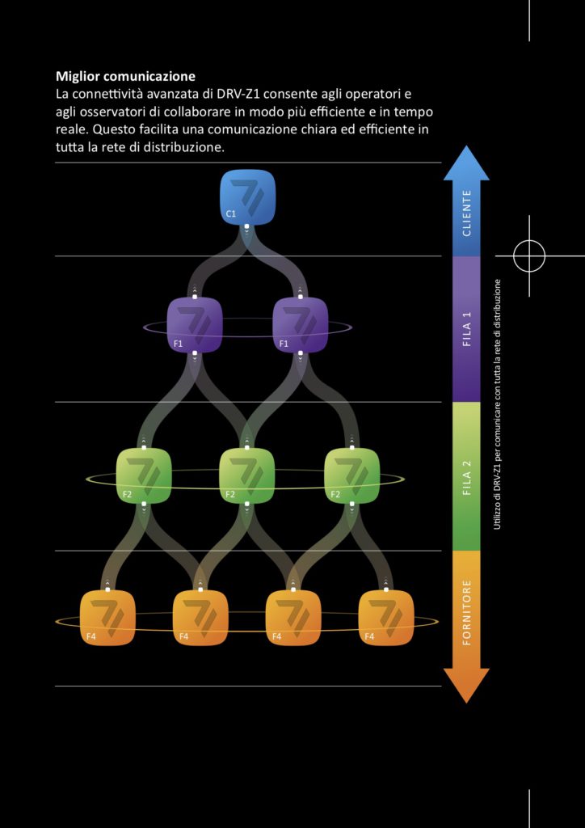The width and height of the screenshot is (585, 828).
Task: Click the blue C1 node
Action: [x=248, y=196]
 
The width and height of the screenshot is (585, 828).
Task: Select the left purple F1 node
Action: [x=195, y=324]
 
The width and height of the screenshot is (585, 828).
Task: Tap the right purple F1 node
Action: [x=301, y=324]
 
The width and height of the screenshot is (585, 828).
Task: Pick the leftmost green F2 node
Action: [x=145, y=474]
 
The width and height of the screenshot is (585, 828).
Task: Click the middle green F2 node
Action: [x=247, y=474]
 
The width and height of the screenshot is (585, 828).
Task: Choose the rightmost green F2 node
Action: [x=351, y=474]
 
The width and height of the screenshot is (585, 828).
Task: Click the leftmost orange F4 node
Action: [x=107, y=618]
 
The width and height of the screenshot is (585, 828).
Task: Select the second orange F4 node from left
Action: [x=200, y=618]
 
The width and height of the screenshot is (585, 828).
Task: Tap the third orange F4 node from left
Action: [x=293, y=618]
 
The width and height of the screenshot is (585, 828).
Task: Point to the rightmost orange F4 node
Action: [x=386, y=618]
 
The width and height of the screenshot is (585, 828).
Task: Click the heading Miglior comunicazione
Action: [x=125, y=77]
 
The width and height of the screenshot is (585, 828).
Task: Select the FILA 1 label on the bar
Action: [x=466, y=328]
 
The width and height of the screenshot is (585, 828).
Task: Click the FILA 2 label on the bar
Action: [x=466, y=477]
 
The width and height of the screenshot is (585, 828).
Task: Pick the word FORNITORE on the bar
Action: [x=466, y=611]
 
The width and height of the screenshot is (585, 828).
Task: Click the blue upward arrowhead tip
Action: [x=466, y=150]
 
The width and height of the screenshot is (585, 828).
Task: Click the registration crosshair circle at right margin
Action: [x=529, y=256]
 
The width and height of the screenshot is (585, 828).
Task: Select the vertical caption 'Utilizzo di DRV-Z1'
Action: [x=498, y=404]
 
